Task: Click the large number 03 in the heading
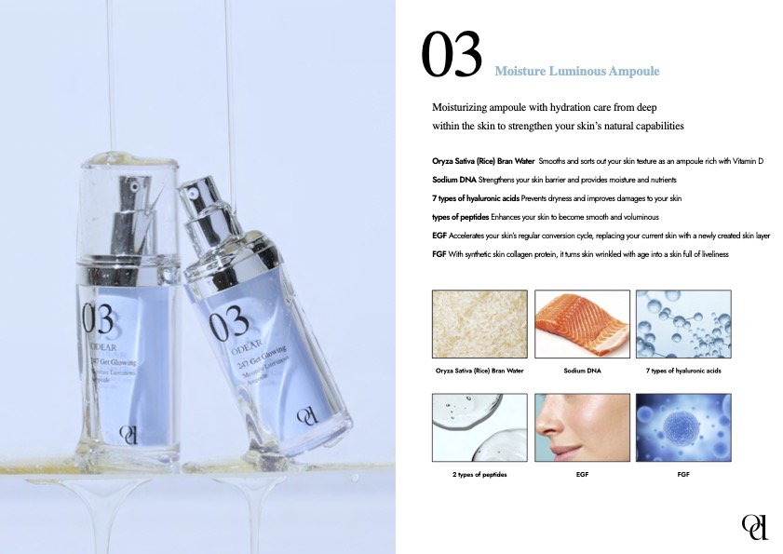[452, 54]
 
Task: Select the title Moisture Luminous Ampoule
[576, 71]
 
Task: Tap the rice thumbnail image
[479, 324]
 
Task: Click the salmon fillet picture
[582, 324]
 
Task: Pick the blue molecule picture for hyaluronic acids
[683, 324]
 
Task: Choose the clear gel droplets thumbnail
[479, 427]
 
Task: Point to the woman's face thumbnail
[582, 427]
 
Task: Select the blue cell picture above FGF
[683, 427]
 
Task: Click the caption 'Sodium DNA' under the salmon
[582, 371]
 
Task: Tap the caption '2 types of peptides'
[479, 475]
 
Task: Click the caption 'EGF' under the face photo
[582, 474]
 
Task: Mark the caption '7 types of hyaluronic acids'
[683, 371]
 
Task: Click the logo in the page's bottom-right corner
[754, 526]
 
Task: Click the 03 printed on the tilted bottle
[228, 325]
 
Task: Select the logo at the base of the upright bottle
[128, 435]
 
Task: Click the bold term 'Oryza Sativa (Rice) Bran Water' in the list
[483, 161]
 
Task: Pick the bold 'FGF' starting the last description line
[439, 254]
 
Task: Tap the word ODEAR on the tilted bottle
[247, 347]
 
